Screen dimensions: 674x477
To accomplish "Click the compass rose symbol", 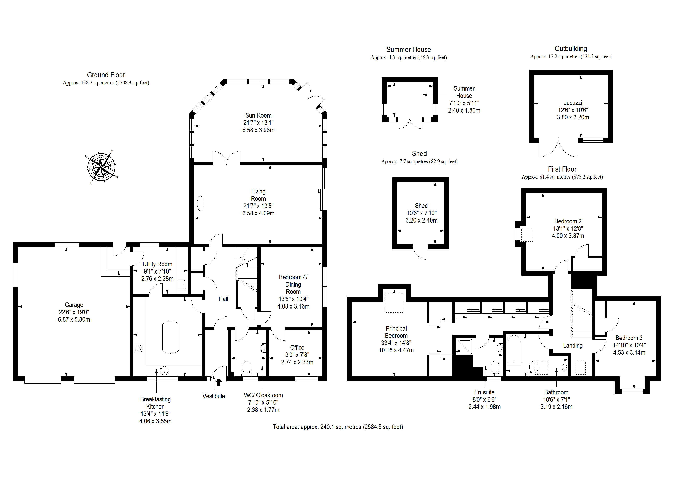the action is pos(102,167).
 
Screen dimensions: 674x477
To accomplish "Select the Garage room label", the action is pos(74,305).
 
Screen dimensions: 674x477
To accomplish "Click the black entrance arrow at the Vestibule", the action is pos(219,382).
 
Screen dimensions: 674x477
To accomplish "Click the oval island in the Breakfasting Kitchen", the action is pos(171,337).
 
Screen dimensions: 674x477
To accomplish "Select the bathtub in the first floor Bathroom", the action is pos(514,350).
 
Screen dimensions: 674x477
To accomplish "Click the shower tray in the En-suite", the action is pos(464,347).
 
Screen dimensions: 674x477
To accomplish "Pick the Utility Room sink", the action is pos(181,284).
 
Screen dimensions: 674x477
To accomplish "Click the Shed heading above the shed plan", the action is pos(419,153).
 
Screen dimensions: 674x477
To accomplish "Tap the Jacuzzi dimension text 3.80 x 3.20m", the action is pos(573,117).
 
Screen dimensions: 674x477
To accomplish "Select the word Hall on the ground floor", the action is pos(223,299).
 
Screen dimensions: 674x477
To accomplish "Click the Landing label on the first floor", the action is pos(573,346).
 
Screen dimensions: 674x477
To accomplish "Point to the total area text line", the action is pos(338,427).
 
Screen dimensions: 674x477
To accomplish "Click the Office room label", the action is pos(297,347).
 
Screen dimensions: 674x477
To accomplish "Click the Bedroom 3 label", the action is pos(629,338).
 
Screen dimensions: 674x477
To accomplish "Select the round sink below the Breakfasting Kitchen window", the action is pos(164,371).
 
